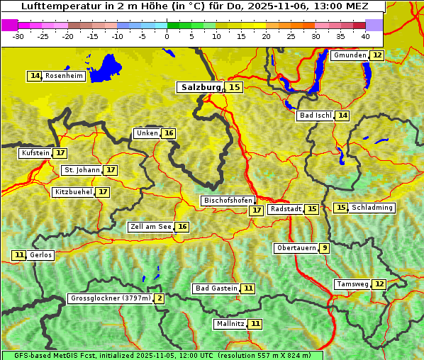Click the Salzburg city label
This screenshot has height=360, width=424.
(201, 87)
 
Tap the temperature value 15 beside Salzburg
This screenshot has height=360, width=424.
(235, 87)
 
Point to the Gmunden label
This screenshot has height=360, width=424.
(350, 55)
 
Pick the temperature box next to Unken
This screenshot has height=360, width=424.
(168, 133)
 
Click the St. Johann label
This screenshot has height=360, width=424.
(82, 170)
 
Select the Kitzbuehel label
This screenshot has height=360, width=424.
(73, 192)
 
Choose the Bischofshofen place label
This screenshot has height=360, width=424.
(228, 201)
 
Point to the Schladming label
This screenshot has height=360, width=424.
(372, 208)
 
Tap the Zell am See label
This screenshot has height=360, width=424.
(151, 227)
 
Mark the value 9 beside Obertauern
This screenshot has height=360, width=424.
(324, 248)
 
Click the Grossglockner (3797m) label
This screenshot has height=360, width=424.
(111, 298)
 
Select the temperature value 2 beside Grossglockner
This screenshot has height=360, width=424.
(160, 298)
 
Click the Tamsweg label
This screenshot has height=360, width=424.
(352, 284)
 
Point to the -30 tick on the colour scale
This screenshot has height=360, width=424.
(18, 35)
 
